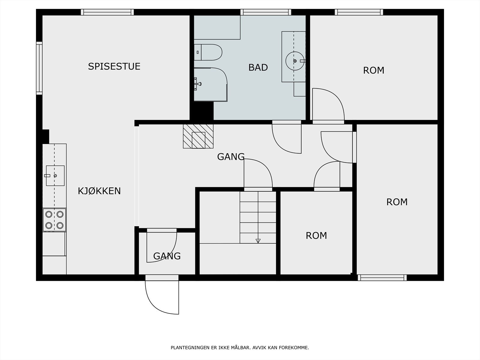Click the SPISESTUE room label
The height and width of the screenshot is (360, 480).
[x=114, y=66]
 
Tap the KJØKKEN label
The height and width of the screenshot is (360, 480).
[x=99, y=191]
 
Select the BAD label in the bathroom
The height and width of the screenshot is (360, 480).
[x=258, y=67]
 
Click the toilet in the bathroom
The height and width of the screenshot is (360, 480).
[x=208, y=52]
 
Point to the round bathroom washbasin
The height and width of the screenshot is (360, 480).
[x=295, y=61]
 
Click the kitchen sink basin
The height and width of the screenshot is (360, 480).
[x=55, y=175]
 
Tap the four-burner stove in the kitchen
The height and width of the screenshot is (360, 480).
[x=55, y=220]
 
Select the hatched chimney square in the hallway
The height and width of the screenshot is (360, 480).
[x=198, y=136]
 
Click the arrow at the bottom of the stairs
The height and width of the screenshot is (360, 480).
[x=258, y=241]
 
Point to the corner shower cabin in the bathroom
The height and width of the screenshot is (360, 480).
[x=211, y=84]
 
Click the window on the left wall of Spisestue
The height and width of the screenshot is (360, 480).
[x=39, y=68]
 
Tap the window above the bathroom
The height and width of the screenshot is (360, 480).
[x=266, y=12]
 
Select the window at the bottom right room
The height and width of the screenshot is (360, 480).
[x=382, y=277]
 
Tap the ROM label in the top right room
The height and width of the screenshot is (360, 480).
[x=373, y=70]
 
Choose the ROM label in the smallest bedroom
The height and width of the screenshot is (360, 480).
[x=316, y=235]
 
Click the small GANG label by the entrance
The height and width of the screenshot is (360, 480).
[x=167, y=256]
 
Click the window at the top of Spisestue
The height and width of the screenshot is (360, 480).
[x=107, y=12]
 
